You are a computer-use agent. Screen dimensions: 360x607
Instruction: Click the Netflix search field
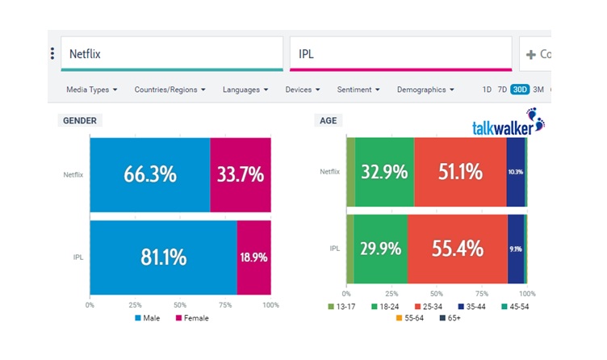point(171,54)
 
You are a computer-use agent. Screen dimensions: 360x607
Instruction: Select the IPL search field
point(400,54)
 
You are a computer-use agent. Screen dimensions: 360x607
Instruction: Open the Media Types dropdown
point(92,90)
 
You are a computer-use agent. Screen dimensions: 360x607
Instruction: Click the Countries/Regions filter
point(170,90)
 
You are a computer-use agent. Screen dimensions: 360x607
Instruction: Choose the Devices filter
point(303,90)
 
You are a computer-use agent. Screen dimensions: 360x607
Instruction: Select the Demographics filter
point(425,90)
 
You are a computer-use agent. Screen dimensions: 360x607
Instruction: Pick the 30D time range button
point(520,90)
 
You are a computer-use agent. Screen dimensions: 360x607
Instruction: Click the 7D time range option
point(502,90)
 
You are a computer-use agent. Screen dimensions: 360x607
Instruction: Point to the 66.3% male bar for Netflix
point(149,174)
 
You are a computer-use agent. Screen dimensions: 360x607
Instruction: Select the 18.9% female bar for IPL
point(253,257)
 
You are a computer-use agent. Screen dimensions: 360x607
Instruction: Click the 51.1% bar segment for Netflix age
point(460,171)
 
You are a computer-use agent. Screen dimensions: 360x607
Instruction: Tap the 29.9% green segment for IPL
point(380,249)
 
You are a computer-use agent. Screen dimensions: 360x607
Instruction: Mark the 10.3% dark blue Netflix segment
point(516,171)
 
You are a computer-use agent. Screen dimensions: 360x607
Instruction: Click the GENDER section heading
point(81,120)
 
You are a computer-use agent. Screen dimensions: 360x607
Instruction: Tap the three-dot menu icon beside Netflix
point(52,54)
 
